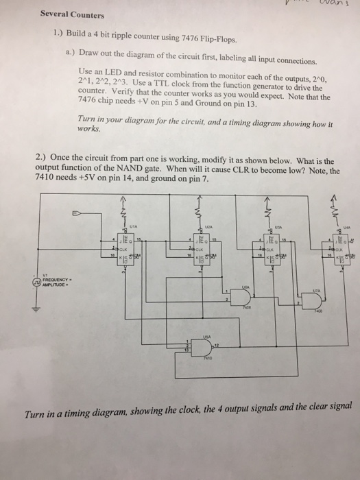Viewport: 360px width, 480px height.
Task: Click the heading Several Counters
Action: click(72, 14)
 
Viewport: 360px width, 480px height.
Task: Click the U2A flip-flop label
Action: click(206, 223)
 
